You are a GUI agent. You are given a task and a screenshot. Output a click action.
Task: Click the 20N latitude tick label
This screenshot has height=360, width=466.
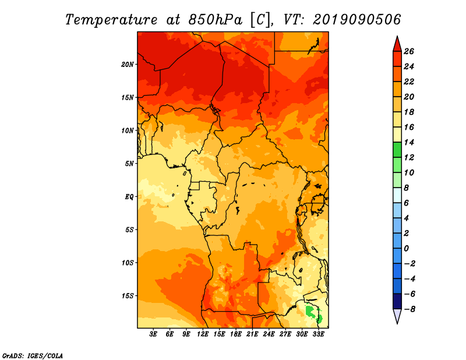point(127,65)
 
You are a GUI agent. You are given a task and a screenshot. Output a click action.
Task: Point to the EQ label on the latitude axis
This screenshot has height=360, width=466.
point(129,197)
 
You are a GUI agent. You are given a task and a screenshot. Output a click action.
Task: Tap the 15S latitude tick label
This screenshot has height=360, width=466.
point(128,296)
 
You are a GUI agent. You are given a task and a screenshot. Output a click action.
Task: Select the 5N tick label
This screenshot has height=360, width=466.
point(129,164)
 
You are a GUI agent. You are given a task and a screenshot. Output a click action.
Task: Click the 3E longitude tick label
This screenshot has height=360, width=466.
point(153,334)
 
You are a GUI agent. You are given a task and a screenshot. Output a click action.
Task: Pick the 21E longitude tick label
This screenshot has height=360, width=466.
point(252,334)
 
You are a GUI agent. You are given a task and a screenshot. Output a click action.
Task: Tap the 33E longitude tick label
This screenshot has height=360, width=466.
point(318,334)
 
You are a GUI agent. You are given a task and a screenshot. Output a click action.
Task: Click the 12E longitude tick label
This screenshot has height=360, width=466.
point(203,334)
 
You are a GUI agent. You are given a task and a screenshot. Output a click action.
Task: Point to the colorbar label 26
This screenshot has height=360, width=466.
point(409,51)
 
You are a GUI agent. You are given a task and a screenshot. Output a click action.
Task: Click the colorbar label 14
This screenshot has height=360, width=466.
point(409,142)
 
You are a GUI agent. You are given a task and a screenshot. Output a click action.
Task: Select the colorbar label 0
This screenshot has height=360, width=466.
point(406,248)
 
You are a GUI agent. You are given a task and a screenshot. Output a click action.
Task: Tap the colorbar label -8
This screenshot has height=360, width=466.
point(409,309)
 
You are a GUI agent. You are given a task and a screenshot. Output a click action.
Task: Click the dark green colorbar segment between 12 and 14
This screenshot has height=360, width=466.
point(397,150)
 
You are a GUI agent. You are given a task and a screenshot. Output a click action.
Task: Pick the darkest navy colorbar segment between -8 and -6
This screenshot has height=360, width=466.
point(397,301)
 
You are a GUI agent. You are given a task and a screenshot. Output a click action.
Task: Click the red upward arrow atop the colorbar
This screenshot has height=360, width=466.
point(397,44)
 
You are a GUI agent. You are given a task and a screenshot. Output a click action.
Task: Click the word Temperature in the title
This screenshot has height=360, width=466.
point(111,20)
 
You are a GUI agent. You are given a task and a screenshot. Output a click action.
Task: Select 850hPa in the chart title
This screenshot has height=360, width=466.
point(215,20)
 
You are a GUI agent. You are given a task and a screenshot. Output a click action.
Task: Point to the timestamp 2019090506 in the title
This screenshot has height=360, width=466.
point(356,20)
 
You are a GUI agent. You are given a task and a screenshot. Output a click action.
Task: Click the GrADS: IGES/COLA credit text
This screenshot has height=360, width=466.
point(33,356)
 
